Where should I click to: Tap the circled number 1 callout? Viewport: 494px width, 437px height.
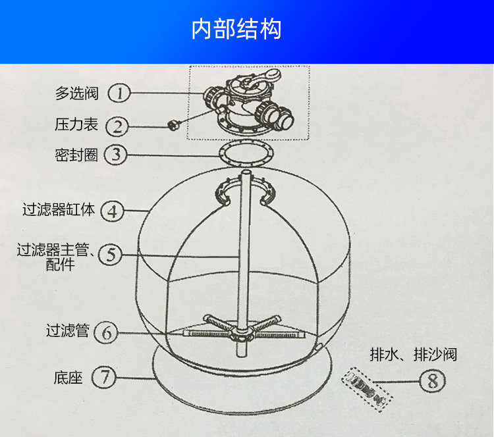(119, 93)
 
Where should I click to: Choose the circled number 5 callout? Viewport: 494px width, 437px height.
(111, 255)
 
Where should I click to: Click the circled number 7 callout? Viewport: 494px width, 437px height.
(104, 378)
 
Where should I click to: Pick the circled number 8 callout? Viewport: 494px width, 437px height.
(433, 380)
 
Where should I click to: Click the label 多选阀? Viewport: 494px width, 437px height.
(76, 93)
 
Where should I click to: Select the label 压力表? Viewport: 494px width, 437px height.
(76, 124)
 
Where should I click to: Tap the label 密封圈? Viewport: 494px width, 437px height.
(76, 155)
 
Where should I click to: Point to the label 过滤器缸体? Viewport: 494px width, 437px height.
(59, 210)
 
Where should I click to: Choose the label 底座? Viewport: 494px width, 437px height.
(67, 378)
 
